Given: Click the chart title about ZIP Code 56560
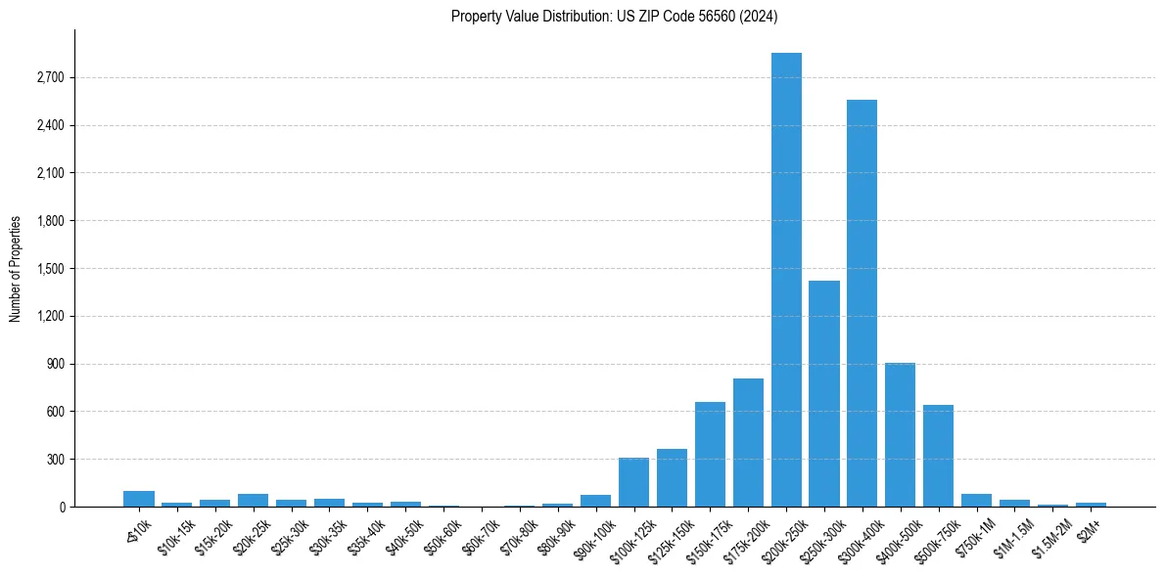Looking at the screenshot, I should tap(614, 16).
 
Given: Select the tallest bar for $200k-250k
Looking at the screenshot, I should tap(786, 280).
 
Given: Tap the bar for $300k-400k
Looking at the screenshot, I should tap(862, 303).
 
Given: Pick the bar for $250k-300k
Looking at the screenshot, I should tap(824, 393).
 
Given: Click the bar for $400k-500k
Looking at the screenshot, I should tap(900, 435).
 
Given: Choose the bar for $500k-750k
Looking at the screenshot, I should tap(938, 456).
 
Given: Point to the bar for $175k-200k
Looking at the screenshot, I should tap(748, 442).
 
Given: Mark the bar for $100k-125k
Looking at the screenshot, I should tap(633, 482).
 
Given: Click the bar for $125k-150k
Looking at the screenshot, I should tap(672, 478).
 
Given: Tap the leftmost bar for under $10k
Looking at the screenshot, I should tap(139, 499).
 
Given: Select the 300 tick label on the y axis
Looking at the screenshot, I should tap(55, 460).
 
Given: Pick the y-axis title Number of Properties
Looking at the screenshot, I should tap(15, 268).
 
